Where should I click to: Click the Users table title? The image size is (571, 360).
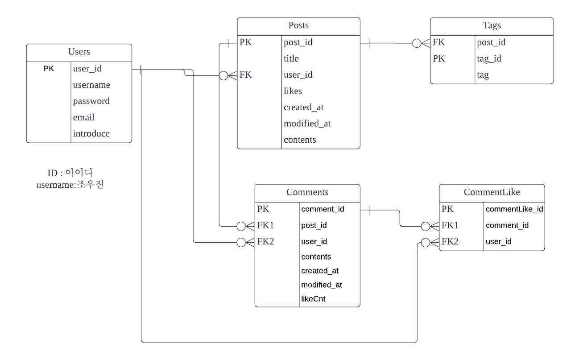(x=79, y=52)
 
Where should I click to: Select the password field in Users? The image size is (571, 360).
(x=91, y=101)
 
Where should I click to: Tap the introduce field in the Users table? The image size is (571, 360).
(x=91, y=133)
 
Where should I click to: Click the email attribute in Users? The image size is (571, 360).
(x=84, y=117)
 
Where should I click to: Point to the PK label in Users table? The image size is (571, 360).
(x=49, y=69)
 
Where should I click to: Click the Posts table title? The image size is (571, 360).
(x=298, y=26)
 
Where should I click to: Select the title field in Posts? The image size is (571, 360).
(x=291, y=58)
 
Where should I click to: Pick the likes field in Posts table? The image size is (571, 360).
(x=293, y=91)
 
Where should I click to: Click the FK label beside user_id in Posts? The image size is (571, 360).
(x=246, y=75)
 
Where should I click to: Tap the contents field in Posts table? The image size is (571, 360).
(x=300, y=140)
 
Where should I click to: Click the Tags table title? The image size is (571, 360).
(x=492, y=26)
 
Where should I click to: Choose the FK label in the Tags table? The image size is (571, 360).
(x=439, y=43)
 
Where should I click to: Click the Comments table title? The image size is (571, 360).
(x=307, y=192)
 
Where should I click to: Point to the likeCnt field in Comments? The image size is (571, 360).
(x=314, y=299)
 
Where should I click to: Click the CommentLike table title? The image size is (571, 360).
(x=492, y=192)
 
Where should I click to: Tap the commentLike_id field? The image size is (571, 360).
(x=514, y=209)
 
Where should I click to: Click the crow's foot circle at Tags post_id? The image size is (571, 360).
(x=416, y=43)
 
